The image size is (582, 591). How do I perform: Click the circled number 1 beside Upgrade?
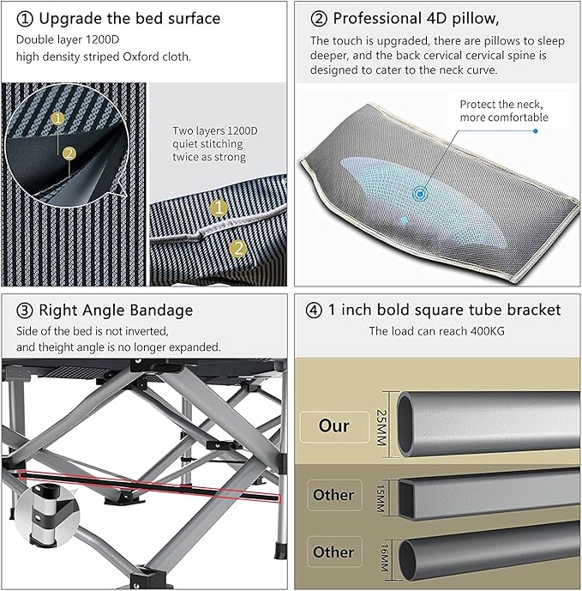tap(25, 19)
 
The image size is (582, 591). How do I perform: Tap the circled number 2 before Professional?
tap(319, 19)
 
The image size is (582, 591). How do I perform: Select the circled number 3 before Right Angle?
tap(25, 311)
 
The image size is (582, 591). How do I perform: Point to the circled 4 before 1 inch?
tap(314, 311)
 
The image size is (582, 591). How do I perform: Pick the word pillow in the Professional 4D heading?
tap(476, 19)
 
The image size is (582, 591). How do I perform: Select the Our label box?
tap(334, 426)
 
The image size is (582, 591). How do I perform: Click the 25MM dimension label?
tap(381, 427)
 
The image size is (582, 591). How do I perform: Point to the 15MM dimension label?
tap(381, 498)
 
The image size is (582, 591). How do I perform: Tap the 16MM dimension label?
tap(384, 558)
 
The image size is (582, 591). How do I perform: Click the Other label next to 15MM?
tap(334, 495)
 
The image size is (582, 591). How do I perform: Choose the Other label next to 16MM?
tap(334, 552)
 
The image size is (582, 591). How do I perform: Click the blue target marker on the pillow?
tap(419, 194)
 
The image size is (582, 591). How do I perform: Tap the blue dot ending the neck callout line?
tap(536, 131)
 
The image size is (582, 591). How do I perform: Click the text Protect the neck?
tap(501, 105)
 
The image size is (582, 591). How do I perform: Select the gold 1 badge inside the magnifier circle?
tap(57, 119)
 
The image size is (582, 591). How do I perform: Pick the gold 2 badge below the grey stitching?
tap(238, 249)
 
